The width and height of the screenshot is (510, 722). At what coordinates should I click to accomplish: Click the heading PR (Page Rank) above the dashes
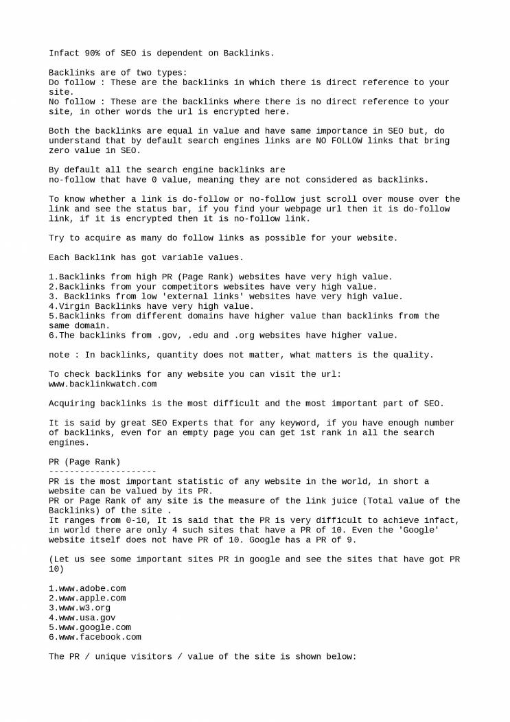[x=84, y=462]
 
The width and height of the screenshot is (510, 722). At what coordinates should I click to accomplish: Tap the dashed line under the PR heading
[x=102, y=471]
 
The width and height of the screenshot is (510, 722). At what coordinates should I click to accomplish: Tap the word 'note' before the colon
[x=59, y=355]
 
